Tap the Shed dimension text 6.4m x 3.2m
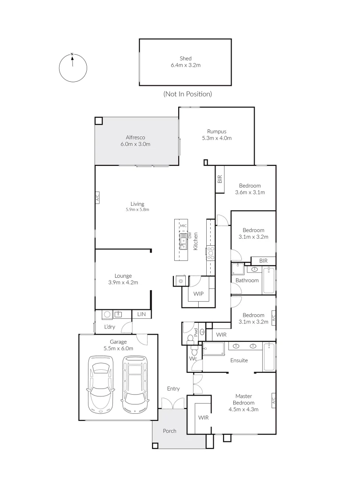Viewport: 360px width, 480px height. pos(185,65)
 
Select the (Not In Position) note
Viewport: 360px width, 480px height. pos(187,94)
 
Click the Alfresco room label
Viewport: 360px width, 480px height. pos(135,138)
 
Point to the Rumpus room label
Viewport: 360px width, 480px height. pos(217,132)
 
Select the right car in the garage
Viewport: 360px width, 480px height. pos(135,383)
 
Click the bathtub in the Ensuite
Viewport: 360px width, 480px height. pos(268,356)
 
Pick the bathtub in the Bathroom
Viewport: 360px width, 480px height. pos(268,280)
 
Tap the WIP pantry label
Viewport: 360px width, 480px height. pos(198,294)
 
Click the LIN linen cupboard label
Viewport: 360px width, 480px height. pos(141,315)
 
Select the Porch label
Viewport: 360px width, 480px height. pos(169,431)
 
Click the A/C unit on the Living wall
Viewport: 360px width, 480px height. pos(97,198)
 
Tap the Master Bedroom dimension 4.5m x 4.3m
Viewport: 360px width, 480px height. pos(243,409)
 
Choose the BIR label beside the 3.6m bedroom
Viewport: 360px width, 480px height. pos(220,180)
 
